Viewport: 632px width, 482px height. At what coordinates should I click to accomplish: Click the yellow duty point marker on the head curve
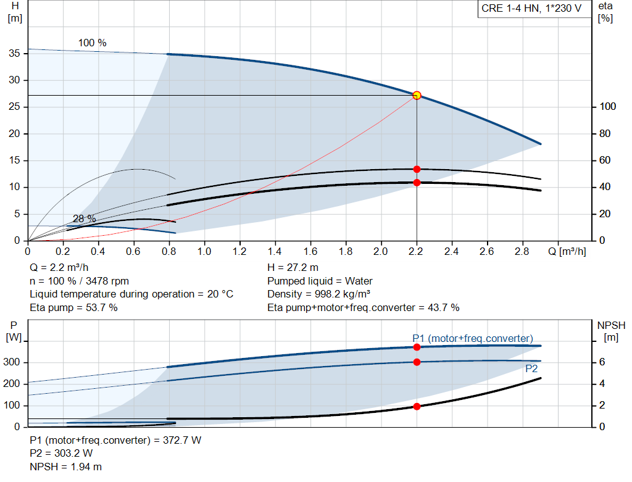click(x=417, y=96)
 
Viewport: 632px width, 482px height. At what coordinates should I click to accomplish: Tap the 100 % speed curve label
click(x=93, y=43)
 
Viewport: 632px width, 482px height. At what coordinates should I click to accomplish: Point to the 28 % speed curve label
click(x=84, y=218)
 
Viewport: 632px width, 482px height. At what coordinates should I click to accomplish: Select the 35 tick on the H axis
click(x=15, y=53)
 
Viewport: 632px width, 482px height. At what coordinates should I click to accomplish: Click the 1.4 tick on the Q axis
click(x=275, y=251)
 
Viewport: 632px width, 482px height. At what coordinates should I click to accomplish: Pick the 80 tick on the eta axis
click(x=605, y=133)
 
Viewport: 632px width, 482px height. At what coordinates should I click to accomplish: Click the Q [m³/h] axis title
click(x=567, y=251)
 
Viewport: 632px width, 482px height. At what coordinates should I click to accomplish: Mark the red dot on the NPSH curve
click(x=417, y=407)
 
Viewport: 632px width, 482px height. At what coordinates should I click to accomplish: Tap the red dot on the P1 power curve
click(x=417, y=347)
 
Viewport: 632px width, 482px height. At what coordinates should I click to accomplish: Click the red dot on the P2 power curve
click(x=417, y=362)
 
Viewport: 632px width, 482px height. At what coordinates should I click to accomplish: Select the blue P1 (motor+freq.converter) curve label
click(x=473, y=339)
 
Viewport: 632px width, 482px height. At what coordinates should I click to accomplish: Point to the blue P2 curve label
click(x=531, y=369)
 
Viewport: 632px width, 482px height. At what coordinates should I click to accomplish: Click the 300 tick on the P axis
click(x=12, y=362)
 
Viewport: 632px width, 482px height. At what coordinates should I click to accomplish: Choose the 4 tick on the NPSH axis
click(x=602, y=383)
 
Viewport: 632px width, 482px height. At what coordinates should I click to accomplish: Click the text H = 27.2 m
click(x=293, y=268)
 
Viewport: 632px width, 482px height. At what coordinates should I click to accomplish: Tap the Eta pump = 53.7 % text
click(x=74, y=308)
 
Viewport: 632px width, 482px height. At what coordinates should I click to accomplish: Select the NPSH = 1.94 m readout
click(x=65, y=467)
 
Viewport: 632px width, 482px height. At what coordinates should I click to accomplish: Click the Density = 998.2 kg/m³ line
click(x=319, y=294)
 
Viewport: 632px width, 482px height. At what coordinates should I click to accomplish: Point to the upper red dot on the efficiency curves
click(x=417, y=169)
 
